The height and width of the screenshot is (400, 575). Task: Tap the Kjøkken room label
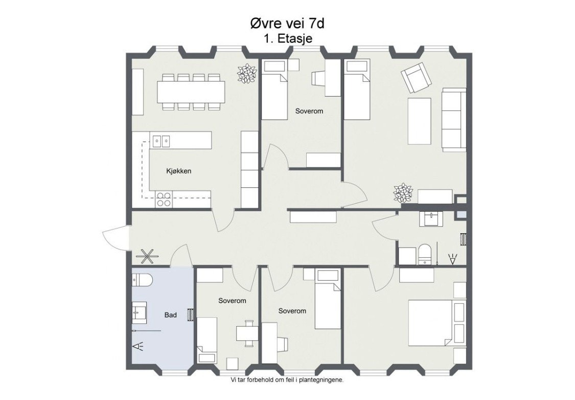pyautogui.click(x=178, y=171)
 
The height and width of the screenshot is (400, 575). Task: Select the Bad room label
pyautogui.click(x=170, y=315)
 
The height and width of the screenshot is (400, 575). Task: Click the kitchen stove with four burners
pyautogui.click(x=164, y=199)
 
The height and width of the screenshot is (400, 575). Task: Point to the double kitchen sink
pyautogui.click(x=162, y=140)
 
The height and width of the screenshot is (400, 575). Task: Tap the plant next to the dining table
pyautogui.click(x=247, y=73)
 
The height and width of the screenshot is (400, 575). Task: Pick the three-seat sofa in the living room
pyautogui.click(x=454, y=119)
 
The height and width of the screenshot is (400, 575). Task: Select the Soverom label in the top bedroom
pyautogui.click(x=309, y=111)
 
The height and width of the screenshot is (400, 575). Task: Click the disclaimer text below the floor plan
pyautogui.click(x=287, y=380)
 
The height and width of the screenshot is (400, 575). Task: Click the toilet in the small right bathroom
pyautogui.click(x=425, y=254)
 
